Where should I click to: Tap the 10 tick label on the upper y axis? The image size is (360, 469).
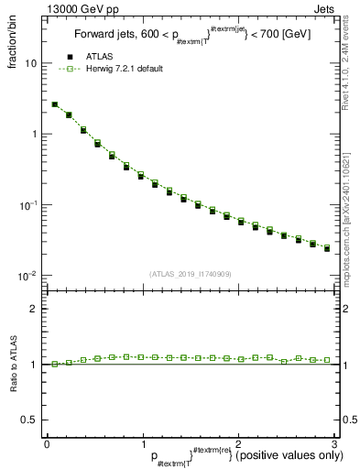pos(31,64)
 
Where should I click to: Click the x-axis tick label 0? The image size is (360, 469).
pos(47,444)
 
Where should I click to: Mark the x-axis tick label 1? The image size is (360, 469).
pos(142,444)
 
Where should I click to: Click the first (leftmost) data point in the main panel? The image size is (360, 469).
pos(55,104)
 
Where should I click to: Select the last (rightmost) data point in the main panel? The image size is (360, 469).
pos(327,248)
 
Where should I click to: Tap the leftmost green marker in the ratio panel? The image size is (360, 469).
pos(55,364)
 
